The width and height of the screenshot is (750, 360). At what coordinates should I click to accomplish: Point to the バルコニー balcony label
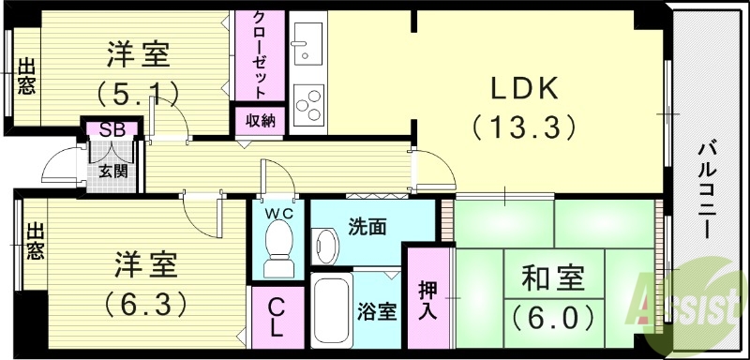[x=710, y=188]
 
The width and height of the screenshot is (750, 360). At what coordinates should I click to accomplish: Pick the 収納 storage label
[x=261, y=120]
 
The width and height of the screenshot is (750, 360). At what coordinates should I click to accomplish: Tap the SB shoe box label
[x=113, y=129]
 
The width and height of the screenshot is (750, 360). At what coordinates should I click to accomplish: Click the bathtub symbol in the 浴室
[x=332, y=309]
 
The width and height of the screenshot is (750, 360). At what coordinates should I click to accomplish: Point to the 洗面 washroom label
[x=366, y=226]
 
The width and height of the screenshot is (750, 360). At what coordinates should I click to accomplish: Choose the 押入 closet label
[x=427, y=299]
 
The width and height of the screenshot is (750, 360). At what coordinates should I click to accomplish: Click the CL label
[x=277, y=316]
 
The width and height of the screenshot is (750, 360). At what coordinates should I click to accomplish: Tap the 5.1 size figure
[x=138, y=92]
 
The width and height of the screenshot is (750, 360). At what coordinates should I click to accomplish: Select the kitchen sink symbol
[x=307, y=41]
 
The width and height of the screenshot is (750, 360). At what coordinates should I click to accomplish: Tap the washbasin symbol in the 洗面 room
[x=325, y=246]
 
